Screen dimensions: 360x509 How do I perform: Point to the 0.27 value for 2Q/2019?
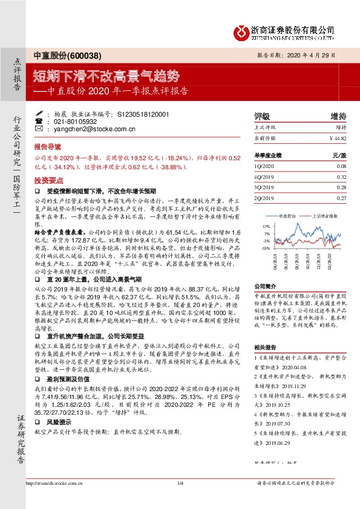tap(341, 198)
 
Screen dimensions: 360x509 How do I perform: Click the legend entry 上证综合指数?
tap(326, 215)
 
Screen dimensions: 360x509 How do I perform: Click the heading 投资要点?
tap(46, 180)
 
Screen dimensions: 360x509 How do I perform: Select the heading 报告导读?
tap(46, 147)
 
